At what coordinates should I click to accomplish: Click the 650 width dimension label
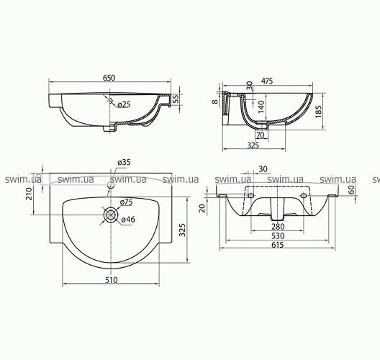109,78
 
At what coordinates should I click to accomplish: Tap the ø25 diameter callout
124,104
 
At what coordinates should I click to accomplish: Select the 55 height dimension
176,99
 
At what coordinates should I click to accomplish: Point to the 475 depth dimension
266,81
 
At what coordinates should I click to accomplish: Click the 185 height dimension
319,112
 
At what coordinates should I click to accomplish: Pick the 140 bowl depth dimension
261,107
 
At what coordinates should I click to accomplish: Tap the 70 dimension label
261,135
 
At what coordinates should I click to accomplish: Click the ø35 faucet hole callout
124,162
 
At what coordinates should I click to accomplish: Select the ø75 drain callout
126,202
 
